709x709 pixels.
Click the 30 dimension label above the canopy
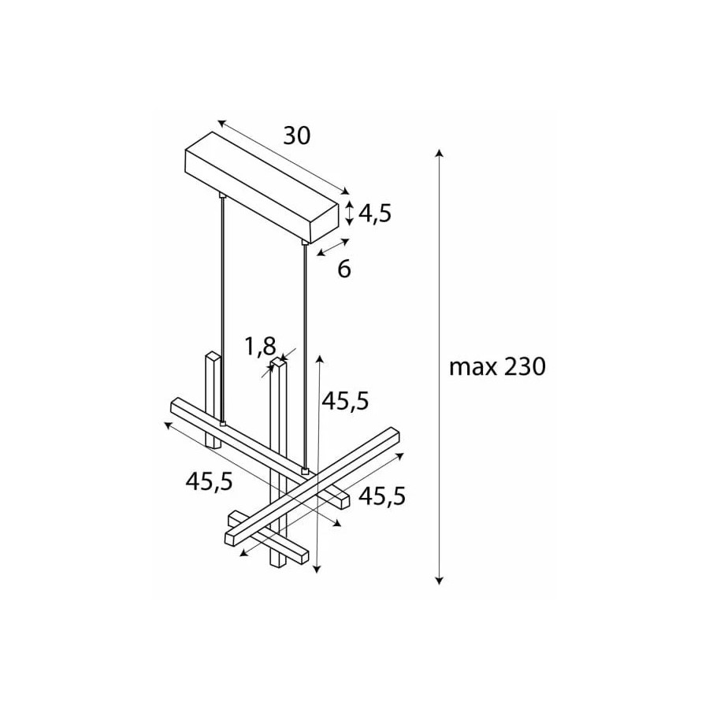tap(297, 135)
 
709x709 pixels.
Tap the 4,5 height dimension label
tap(375, 213)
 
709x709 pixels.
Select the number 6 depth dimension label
tap(344, 269)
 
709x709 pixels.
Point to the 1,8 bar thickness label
tap(260, 347)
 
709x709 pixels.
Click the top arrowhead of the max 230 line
tap(439, 152)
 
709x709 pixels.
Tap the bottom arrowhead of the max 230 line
tap(439, 581)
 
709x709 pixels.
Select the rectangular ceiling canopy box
tap(262, 187)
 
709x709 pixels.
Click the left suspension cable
tap(222, 310)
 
